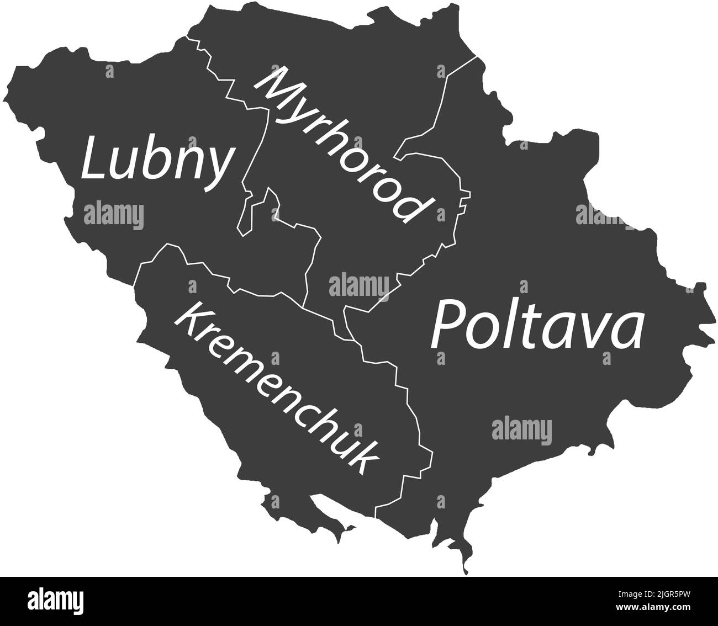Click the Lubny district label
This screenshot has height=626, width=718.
click(156, 161)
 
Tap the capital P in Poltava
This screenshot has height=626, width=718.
click(447, 325)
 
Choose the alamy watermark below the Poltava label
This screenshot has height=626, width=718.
click(521, 429)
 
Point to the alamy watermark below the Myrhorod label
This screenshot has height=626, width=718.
click(358, 285)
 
